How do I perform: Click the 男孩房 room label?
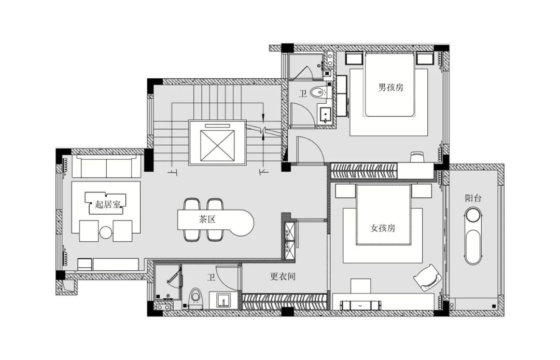[x=390, y=87]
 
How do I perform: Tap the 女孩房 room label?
[x=383, y=228]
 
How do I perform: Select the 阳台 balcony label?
[x=472, y=198]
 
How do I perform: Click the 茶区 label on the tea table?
[x=207, y=219]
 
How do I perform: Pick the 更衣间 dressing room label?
[x=283, y=276]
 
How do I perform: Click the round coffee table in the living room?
[x=106, y=232]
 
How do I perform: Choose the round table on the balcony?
[x=472, y=216]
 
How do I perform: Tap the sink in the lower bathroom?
[x=223, y=300]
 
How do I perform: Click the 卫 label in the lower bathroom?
[x=212, y=278]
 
